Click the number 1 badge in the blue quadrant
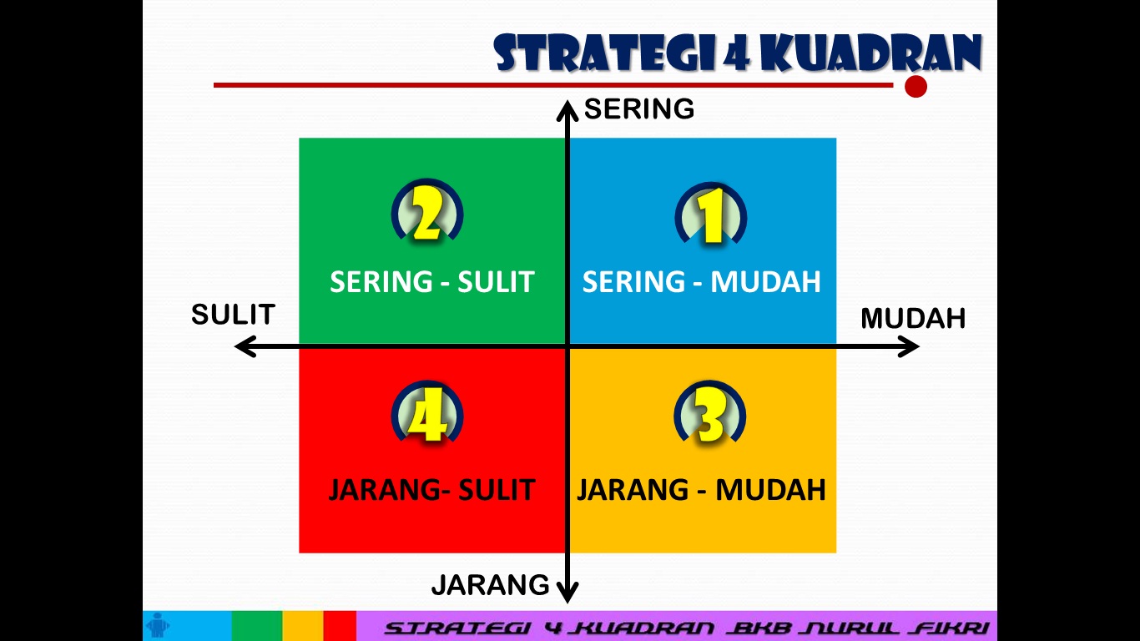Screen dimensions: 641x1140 pos(711,216)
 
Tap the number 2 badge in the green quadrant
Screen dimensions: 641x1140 pos(427,215)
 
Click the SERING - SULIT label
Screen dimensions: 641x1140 pos(431,282)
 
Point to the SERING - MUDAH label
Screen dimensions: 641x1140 pos(701,282)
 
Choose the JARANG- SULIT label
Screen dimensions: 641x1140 pos(431,489)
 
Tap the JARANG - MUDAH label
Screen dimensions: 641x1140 pos(701,489)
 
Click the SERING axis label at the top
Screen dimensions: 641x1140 pos(638,109)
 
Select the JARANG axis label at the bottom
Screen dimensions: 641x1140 pos(490,585)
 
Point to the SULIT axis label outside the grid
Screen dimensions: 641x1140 pos(233,315)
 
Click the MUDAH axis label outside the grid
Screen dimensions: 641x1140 pos(912,318)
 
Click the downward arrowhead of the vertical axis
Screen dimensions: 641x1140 pos(567,593)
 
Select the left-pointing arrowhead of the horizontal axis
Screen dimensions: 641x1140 pos(245,346)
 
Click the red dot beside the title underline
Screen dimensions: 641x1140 pos(916,87)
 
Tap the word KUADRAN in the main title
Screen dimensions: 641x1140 pos(871,54)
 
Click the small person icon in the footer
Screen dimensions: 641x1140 pos(157,625)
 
